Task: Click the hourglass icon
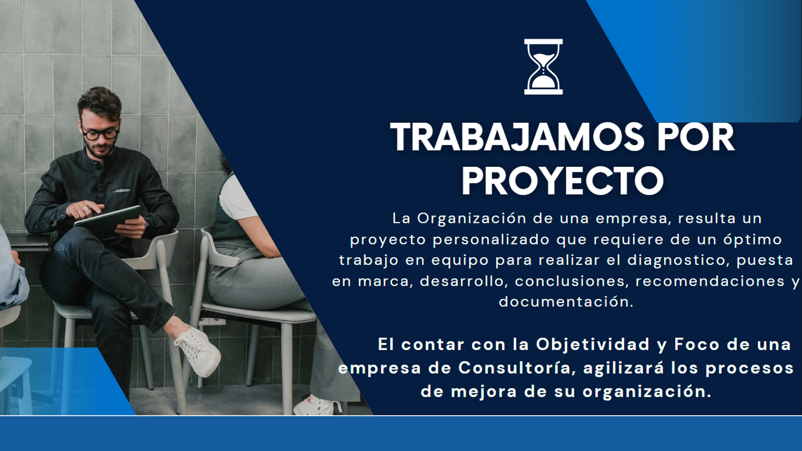(x=543, y=67)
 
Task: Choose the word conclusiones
(x=570, y=281)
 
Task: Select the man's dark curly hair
(x=100, y=101)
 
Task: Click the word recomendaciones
(x=710, y=281)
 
